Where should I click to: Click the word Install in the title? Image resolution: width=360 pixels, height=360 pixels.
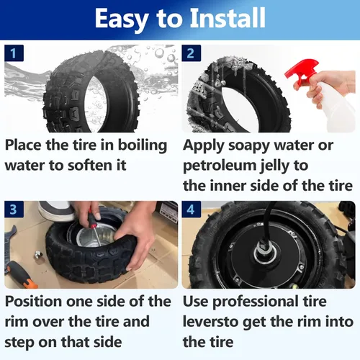(x=228, y=18)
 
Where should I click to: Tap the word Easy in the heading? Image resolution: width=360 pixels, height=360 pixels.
(x=122, y=19)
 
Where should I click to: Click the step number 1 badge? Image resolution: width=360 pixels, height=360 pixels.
(x=14, y=53)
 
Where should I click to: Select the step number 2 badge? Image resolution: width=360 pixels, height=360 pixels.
(x=192, y=53)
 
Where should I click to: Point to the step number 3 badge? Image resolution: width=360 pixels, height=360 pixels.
(x=14, y=210)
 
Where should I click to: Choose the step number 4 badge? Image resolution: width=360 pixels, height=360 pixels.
(x=192, y=210)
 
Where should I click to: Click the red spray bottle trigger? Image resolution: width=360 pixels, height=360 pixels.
(x=302, y=71)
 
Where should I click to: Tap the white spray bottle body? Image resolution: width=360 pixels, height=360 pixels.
(x=336, y=107)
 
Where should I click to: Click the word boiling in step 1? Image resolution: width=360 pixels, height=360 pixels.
(x=143, y=146)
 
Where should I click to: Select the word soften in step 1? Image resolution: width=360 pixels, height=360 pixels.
(x=91, y=166)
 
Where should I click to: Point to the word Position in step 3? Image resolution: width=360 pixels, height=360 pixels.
(x=34, y=302)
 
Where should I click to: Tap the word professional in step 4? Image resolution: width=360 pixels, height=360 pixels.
(x=256, y=302)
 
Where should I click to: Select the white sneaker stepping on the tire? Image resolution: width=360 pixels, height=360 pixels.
(x=56, y=211)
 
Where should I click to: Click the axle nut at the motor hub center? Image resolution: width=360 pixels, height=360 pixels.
(x=264, y=250)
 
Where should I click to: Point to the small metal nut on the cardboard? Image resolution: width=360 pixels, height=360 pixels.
(x=38, y=255)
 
